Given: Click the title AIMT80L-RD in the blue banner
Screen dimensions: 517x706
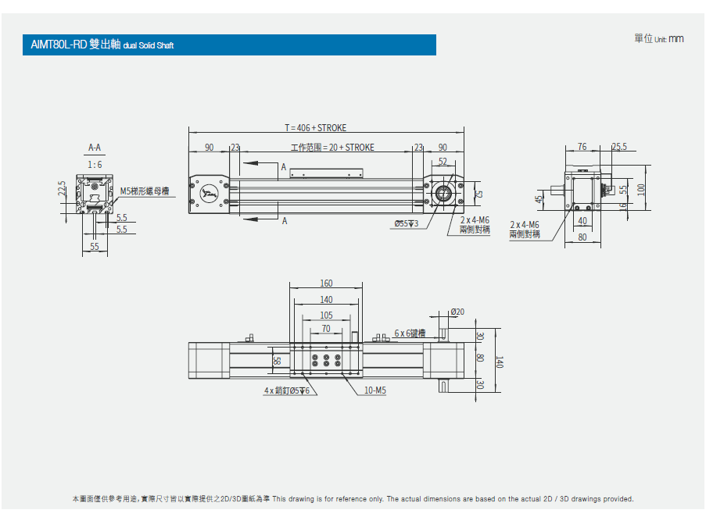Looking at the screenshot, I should pyautogui.click(x=59, y=45).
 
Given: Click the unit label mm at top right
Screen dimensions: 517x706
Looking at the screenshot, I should pyautogui.click(x=676, y=38).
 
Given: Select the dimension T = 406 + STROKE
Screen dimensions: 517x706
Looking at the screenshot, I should pyautogui.click(x=315, y=128).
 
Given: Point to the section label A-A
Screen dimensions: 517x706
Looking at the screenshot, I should pyautogui.click(x=95, y=147).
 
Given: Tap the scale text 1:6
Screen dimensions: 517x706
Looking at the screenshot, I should pyautogui.click(x=95, y=165).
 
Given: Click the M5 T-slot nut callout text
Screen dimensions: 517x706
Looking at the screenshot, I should pyautogui.click(x=144, y=191).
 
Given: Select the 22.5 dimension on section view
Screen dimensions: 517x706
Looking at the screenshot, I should pyautogui.click(x=62, y=189).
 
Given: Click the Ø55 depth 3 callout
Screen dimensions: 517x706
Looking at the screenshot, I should pyautogui.click(x=407, y=224).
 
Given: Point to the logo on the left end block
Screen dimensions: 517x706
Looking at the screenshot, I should pyautogui.click(x=208, y=194).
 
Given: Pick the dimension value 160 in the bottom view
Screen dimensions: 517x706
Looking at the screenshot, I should pyautogui.click(x=326, y=283).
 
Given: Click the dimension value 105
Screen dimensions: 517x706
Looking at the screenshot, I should pyautogui.click(x=326, y=316).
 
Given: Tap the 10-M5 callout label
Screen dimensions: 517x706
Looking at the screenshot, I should pyautogui.click(x=375, y=390).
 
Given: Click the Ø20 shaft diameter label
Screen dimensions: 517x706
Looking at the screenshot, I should pyautogui.click(x=457, y=312).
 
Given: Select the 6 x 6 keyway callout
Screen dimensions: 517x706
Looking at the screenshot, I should pyautogui.click(x=410, y=333).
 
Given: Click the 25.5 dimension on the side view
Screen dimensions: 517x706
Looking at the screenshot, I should pyautogui.click(x=619, y=146).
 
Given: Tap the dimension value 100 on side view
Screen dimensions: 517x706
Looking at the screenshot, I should pyautogui.click(x=642, y=190).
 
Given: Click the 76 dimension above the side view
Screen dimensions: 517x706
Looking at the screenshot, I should pyautogui.click(x=582, y=146).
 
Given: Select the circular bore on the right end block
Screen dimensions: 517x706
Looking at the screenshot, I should pyautogui.click(x=443, y=194).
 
